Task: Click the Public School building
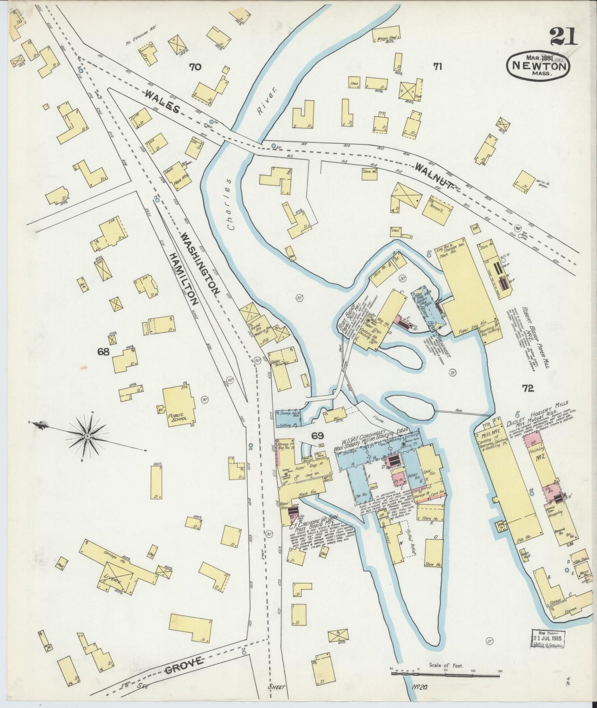tap(180, 408)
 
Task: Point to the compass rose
tap(88, 436)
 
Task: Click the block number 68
tap(103, 352)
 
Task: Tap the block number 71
tap(437, 66)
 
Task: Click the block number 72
tap(528, 388)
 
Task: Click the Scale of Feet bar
tap(445, 675)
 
